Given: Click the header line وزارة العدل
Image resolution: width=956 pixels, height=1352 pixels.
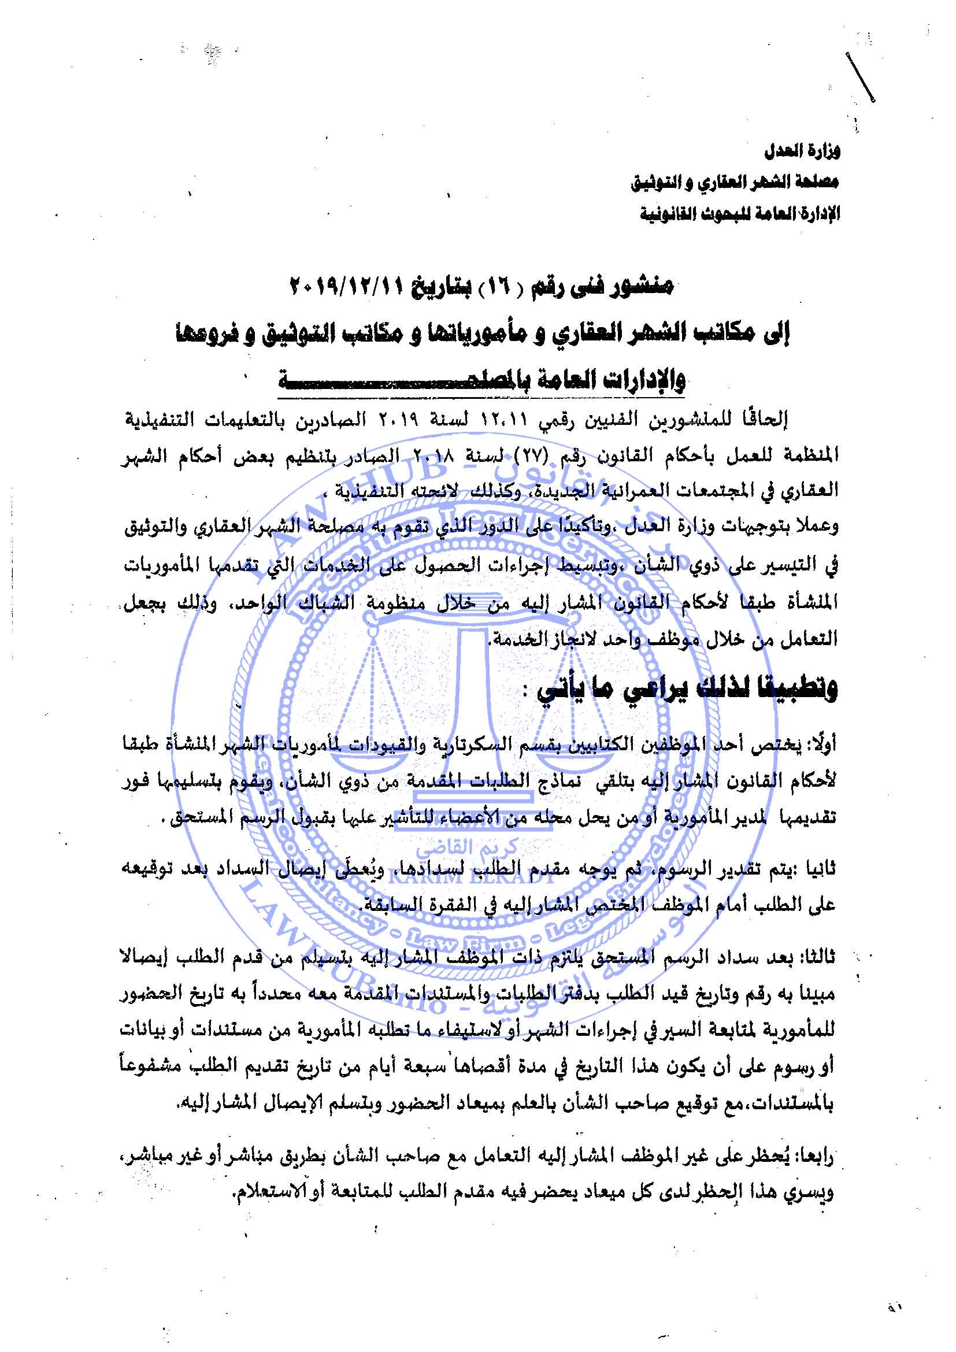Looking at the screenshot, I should click(802, 151).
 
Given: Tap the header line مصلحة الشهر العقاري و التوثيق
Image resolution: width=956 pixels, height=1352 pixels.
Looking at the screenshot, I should click(735, 183).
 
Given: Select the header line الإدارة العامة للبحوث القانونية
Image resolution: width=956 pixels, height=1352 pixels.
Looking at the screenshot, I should click(740, 213).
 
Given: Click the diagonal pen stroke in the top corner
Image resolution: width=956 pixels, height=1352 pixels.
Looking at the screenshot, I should click(860, 77).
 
